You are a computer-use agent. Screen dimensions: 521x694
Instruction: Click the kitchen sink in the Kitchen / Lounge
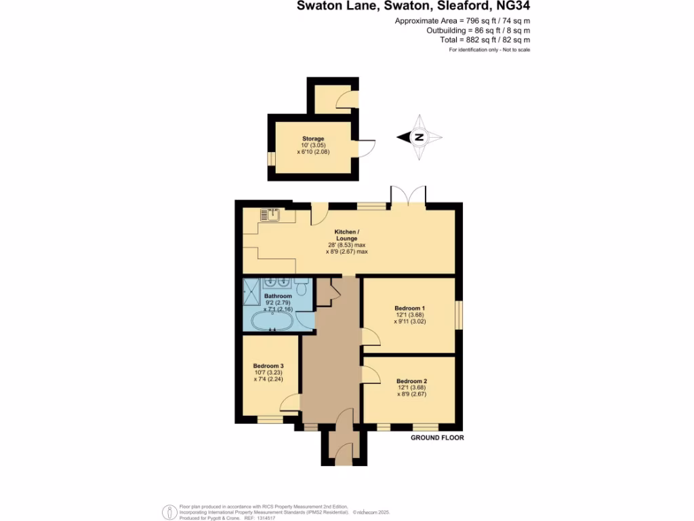270,216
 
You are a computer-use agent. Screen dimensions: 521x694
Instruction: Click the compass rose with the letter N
419,138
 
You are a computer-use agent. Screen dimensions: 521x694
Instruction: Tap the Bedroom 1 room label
409,308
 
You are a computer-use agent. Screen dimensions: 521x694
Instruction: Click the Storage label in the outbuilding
312,138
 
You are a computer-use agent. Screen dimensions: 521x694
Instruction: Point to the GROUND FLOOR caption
437,438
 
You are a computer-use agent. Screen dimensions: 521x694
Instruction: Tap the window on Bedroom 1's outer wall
458,315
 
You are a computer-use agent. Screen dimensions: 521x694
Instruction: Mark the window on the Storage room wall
271,158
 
